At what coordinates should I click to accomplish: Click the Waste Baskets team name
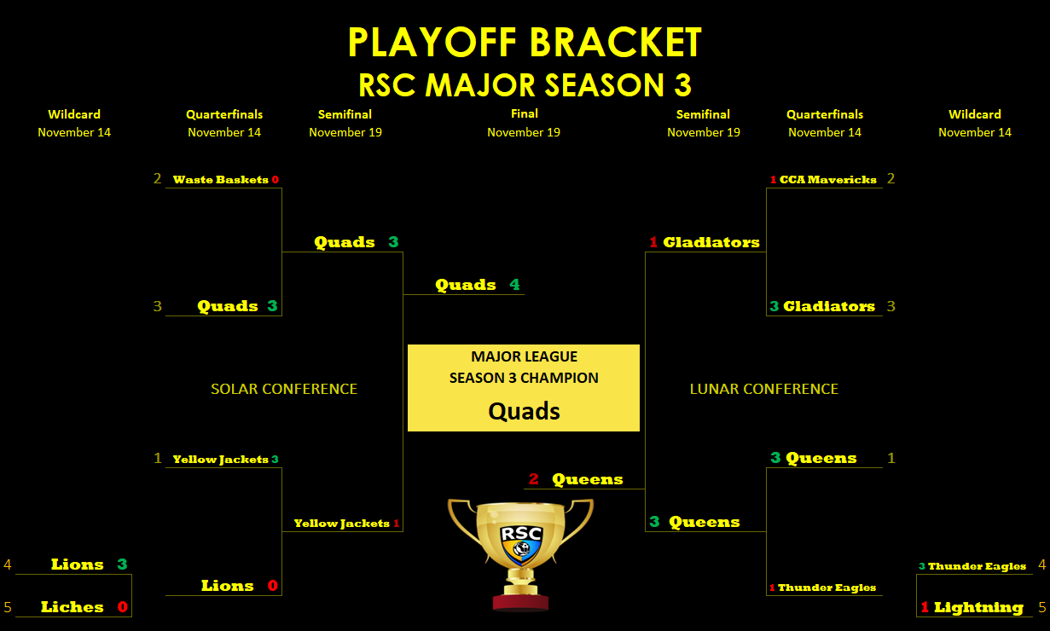pyautogui.click(x=221, y=179)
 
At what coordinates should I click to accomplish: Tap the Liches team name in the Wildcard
pyautogui.click(x=73, y=606)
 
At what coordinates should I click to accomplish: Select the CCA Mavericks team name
pyautogui.click(x=828, y=179)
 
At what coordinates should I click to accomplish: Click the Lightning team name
pyautogui.click(x=978, y=608)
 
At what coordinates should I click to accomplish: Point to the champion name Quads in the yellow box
pyautogui.click(x=524, y=411)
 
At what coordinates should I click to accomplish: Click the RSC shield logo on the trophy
pyautogui.click(x=521, y=545)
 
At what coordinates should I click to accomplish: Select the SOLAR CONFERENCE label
pyautogui.click(x=284, y=389)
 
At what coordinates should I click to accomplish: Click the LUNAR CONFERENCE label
pyautogui.click(x=764, y=389)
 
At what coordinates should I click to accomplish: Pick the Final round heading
pyautogui.click(x=524, y=113)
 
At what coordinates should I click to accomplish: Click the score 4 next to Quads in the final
pyautogui.click(x=514, y=284)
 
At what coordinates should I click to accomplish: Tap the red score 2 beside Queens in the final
pyautogui.click(x=533, y=478)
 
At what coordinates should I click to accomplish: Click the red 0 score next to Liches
pyautogui.click(x=123, y=606)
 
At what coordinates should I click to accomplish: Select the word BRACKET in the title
pyautogui.click(x=616, y=42)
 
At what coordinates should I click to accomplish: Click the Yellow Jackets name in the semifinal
pyautogui.click(x=342, y=524)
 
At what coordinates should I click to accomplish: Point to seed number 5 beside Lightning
pyautogui.click(x=1042, y=607)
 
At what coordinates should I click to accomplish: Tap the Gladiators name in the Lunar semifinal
pyautogui.click(x=711, y=242)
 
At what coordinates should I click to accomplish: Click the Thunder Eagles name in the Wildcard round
pyautogui.click(x=977, y=566)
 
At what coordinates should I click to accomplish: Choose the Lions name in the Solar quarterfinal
pyautogui.click(x=228, y=586)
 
